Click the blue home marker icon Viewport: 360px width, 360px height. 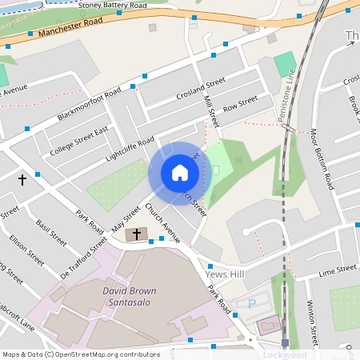[x=180, y=173]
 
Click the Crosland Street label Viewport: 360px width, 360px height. [x=200, y=89]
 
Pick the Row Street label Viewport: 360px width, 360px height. [x=240, y=105]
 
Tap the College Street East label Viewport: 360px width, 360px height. [x=78, y=142]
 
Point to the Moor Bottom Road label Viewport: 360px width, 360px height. [x=322, y=158]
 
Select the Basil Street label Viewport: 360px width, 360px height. [x=53, y=226]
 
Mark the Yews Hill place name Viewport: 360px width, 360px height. [x=223, y=274]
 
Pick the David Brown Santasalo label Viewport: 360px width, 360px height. [x=129, y=297]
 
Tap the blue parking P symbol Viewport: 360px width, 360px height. [x=252, y=304]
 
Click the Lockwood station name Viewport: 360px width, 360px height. [x=285, y=354]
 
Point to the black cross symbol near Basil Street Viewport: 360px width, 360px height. [x=22, y=180]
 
